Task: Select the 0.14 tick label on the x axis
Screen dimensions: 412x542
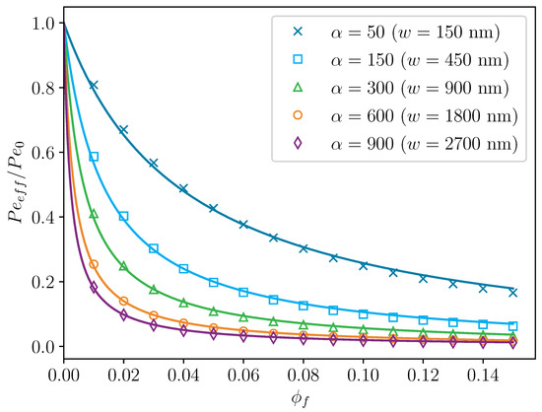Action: pos(483,375)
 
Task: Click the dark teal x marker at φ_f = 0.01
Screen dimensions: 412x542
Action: pos(94,85)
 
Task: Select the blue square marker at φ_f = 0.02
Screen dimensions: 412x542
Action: pos(123,216)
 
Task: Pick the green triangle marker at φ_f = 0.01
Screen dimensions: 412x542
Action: pos(94,213)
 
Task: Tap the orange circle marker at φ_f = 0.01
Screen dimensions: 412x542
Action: pos(94,264)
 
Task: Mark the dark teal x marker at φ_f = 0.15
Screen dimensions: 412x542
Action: pos(512,292)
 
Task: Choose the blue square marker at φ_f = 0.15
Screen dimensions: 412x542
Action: pos(512,325)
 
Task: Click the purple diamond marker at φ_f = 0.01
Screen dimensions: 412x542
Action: pos(94,288)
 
